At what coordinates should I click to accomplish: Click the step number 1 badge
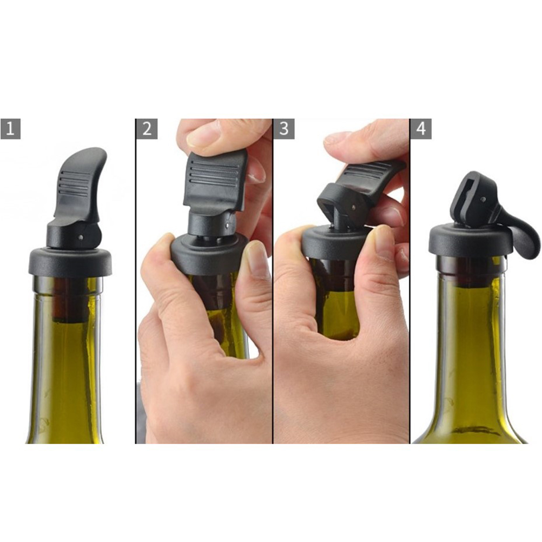pos(10,129)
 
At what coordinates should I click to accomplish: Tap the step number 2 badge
pos(147,129)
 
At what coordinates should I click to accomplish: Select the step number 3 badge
pos(283,129)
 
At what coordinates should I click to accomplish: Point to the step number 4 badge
pos(421,129)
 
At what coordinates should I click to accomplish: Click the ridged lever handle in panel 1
pos(80,183)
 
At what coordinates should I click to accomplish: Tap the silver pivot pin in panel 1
pos(81,237)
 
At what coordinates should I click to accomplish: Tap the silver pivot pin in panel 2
pos(227,226)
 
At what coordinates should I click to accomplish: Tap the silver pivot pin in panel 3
pos(354,207)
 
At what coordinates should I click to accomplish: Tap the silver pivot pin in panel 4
pos(484,200)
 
